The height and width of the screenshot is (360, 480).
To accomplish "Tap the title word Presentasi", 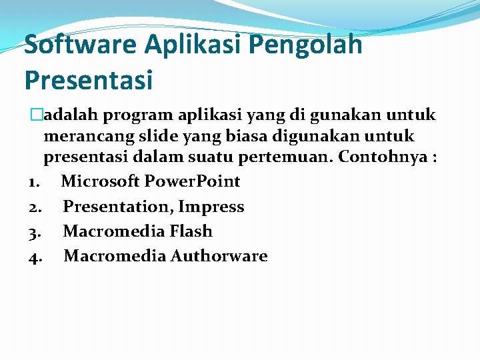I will pyautogui.click(x=89, y=80).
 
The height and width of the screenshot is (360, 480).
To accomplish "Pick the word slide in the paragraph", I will pyautogui.click(x=155, y=137).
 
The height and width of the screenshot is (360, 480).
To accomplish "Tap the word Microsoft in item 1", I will pyautogui.click(x=101, y=181).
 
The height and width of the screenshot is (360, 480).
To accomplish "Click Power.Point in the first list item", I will pyautogui.click(x=193, y=181).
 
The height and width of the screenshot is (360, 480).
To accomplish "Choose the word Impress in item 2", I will pyautogui.click(x=211, y=207).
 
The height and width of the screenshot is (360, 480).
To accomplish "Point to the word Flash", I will pyautogui.click(x=191, y=231).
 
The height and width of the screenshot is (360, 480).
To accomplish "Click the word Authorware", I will pyautogui.click(x=219, y=256).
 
